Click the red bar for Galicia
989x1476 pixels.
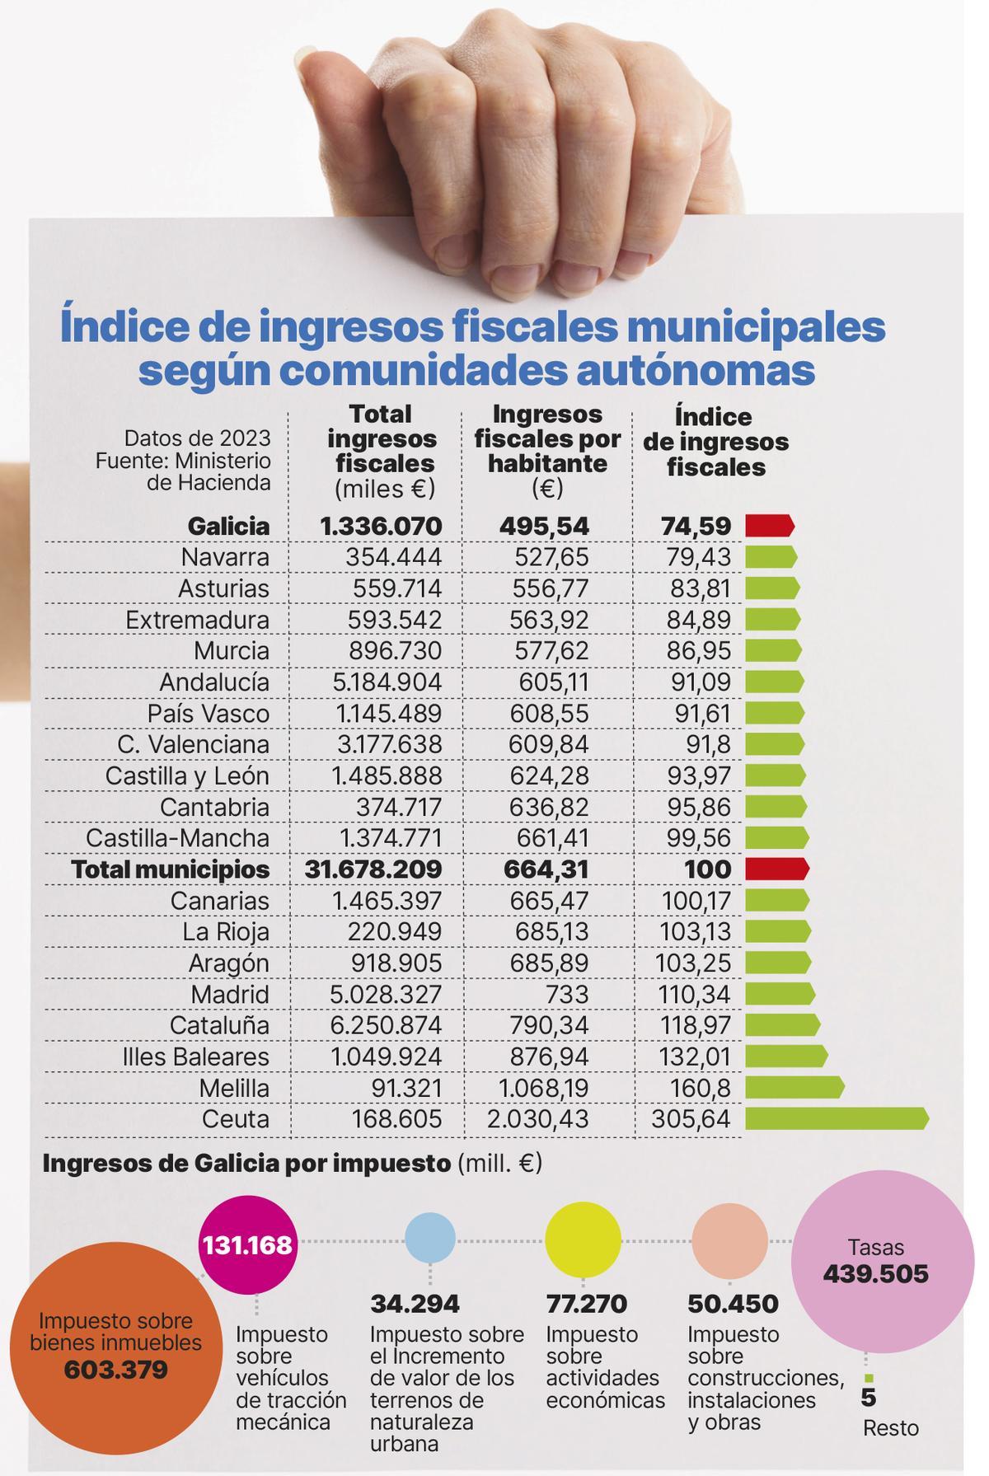pos(769,526)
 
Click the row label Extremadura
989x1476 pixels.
pos(197,620)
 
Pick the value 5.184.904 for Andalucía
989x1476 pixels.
pos(386,682)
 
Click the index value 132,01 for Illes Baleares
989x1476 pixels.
pos(694,1057)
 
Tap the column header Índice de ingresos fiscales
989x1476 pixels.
pos(715,443)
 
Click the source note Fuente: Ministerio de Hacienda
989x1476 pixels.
pos(183,471)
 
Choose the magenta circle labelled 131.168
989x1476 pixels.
pos(247,1244)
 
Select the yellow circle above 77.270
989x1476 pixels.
pos(583,1240)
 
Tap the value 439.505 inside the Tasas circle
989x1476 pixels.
pos(875,1274)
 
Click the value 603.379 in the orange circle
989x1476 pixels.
pos(115,1371)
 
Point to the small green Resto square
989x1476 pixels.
pos(869,1378)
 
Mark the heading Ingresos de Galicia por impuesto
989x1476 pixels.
pos(246,1164)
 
